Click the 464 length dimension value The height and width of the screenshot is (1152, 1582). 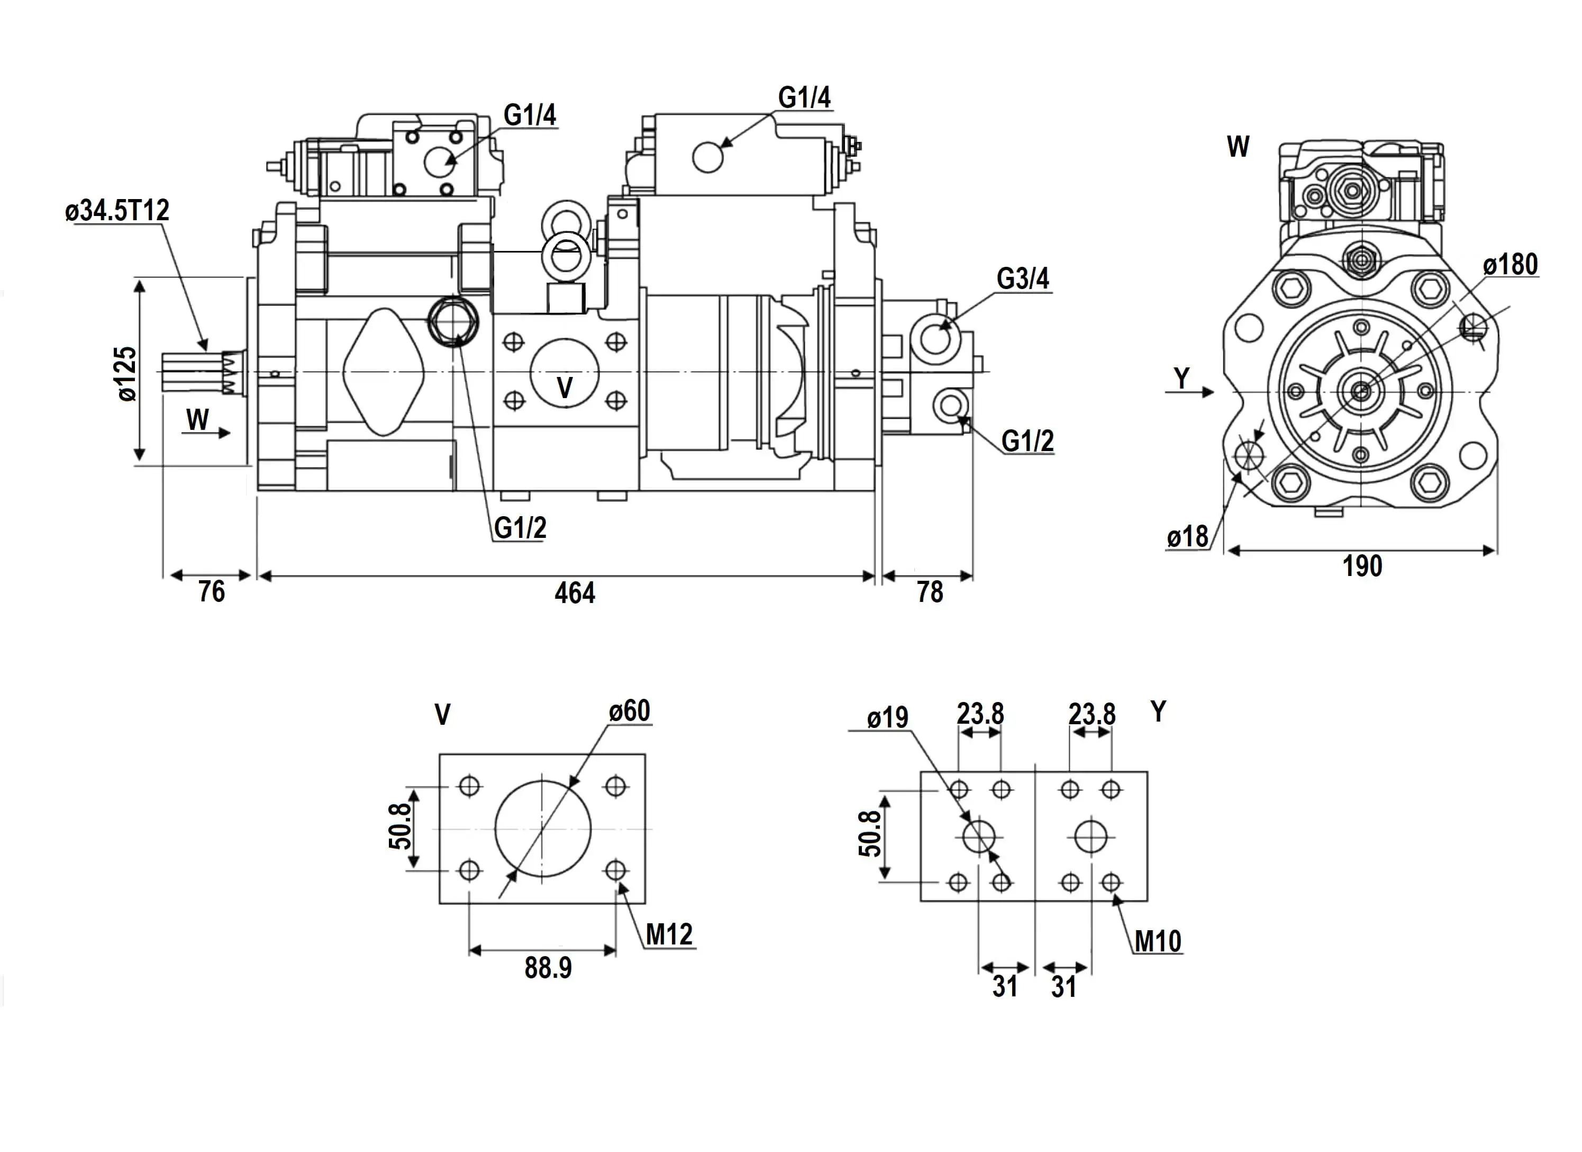[575, 593]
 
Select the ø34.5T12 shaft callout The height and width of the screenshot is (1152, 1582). [117, 210]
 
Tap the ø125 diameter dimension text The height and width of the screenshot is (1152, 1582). [127, 373]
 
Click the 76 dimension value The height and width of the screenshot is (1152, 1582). [211, 592]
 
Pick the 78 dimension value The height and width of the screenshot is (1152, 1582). [930, 592]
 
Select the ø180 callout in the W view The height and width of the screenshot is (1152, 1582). [1510, 265]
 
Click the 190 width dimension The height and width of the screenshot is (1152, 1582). [1361, 566]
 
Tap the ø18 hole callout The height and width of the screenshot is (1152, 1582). [1187, 537]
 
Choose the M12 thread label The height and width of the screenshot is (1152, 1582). [669, 934]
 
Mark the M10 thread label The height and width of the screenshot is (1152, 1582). [1157, 941]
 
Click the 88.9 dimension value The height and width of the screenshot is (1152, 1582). [548, 968]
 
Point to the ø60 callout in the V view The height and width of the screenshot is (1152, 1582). [629, 711]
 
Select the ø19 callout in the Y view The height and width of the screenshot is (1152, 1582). [887, 717]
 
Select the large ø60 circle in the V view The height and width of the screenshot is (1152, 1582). [543, 828]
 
